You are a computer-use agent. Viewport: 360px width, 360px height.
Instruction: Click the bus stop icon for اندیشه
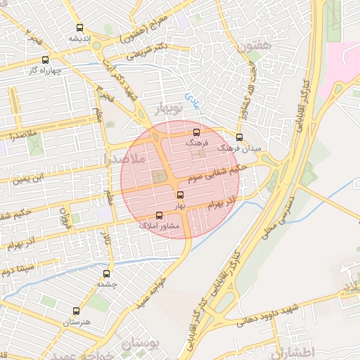coord(79,28)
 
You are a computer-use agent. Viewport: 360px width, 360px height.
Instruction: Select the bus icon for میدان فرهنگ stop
coord(239,137)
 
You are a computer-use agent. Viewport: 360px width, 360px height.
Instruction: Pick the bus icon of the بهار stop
coord(180,194)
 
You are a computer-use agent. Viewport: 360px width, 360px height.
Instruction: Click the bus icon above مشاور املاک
coord(160,216)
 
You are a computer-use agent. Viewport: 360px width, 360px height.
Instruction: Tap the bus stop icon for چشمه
coord(107,274)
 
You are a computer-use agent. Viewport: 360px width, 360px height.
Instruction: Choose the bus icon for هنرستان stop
coord(77,311)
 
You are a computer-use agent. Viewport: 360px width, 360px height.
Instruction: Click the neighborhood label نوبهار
coord(167,108)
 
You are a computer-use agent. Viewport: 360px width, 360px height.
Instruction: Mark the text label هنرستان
coord(78,322)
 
